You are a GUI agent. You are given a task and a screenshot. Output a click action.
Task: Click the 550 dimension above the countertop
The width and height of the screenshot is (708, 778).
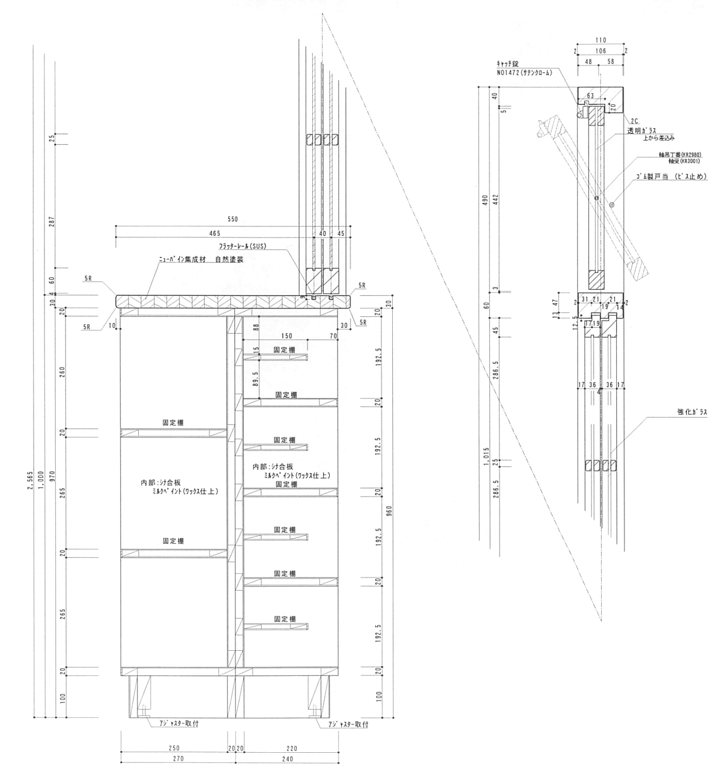tap(233, 220)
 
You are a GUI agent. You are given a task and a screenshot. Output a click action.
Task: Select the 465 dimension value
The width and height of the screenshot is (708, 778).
tap(215, 233)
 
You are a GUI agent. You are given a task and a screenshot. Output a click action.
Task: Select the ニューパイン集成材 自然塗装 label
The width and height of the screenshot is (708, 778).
tap(201, 260)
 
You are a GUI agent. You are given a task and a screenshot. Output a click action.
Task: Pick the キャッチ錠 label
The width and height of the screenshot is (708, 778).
tap(507, 63)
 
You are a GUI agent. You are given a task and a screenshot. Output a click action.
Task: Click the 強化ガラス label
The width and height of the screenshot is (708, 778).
tap(692, 412)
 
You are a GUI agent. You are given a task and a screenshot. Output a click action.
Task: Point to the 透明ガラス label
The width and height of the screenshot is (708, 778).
tap(642, 130)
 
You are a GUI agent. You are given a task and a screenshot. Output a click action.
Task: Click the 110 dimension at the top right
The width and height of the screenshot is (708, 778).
tap(601, 40)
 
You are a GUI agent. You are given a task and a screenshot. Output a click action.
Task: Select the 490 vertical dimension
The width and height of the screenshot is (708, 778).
tap(485, 199)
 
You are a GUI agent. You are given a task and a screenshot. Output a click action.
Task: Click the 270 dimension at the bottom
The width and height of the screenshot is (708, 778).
tap(178, 759)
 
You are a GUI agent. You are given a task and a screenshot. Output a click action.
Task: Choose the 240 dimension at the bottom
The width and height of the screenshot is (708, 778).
tap(287, 759)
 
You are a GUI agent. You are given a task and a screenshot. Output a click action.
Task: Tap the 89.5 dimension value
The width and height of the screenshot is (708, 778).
tap(255, 379)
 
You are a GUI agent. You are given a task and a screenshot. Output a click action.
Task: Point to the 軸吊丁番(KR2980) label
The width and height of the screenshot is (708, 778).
tap(678, 155)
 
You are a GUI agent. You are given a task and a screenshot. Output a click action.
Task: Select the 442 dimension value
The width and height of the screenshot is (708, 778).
tap(495, 199)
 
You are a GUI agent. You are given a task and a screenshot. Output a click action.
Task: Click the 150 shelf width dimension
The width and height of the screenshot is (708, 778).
tap(287, 337)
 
